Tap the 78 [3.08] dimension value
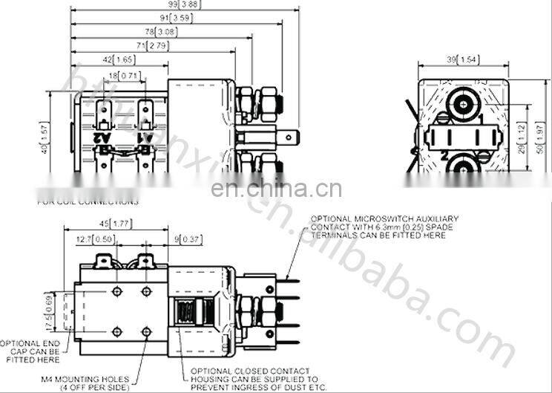pyautogui.click(x=162, y=32)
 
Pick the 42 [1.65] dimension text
pyautogui.click(x=117, y=59)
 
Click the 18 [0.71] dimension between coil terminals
pyautogui.click(x=123, y=76)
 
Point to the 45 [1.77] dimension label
pyautogui.click(x=114, y=222)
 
